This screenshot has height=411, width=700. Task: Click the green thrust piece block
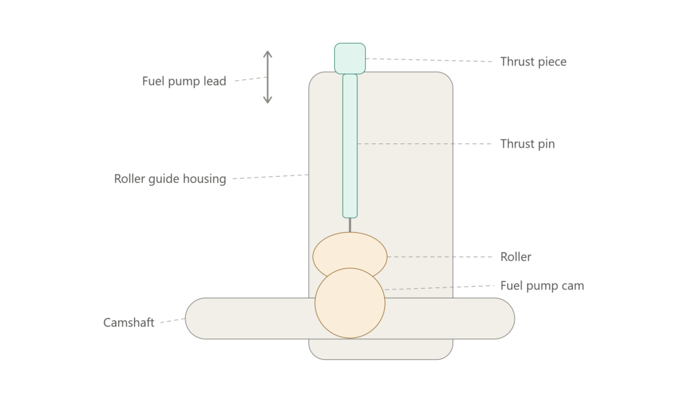(x=350, y=59)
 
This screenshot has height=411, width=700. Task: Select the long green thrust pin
(x=350, y=146)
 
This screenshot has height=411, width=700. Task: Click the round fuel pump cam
(x=350, y=303)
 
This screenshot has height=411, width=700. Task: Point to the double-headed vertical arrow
(x=267, y=77)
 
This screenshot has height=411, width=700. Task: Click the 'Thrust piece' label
(x=533, y=61)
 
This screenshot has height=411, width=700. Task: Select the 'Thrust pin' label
(x=527, y=144)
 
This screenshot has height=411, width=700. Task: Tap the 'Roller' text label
(x=515, y=257)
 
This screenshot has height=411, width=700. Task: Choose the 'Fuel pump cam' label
(x=542, y=286)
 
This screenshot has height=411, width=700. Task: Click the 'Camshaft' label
(x=129, y=322)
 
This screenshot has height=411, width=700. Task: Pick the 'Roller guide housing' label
(x=170, y=179)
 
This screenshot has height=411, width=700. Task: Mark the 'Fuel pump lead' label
(x=184, y=81)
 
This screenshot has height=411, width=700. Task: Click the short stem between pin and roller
(x=350, y=225)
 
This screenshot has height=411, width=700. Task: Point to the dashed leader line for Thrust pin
(x=425, y=143)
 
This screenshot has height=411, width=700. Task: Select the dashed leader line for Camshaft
(x=173, y=320)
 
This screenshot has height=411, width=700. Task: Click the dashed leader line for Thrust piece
(x=429, y=60)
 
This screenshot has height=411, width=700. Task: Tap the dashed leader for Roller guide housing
(x=271, y=177)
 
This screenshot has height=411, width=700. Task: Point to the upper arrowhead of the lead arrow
(x=267, y=54)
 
